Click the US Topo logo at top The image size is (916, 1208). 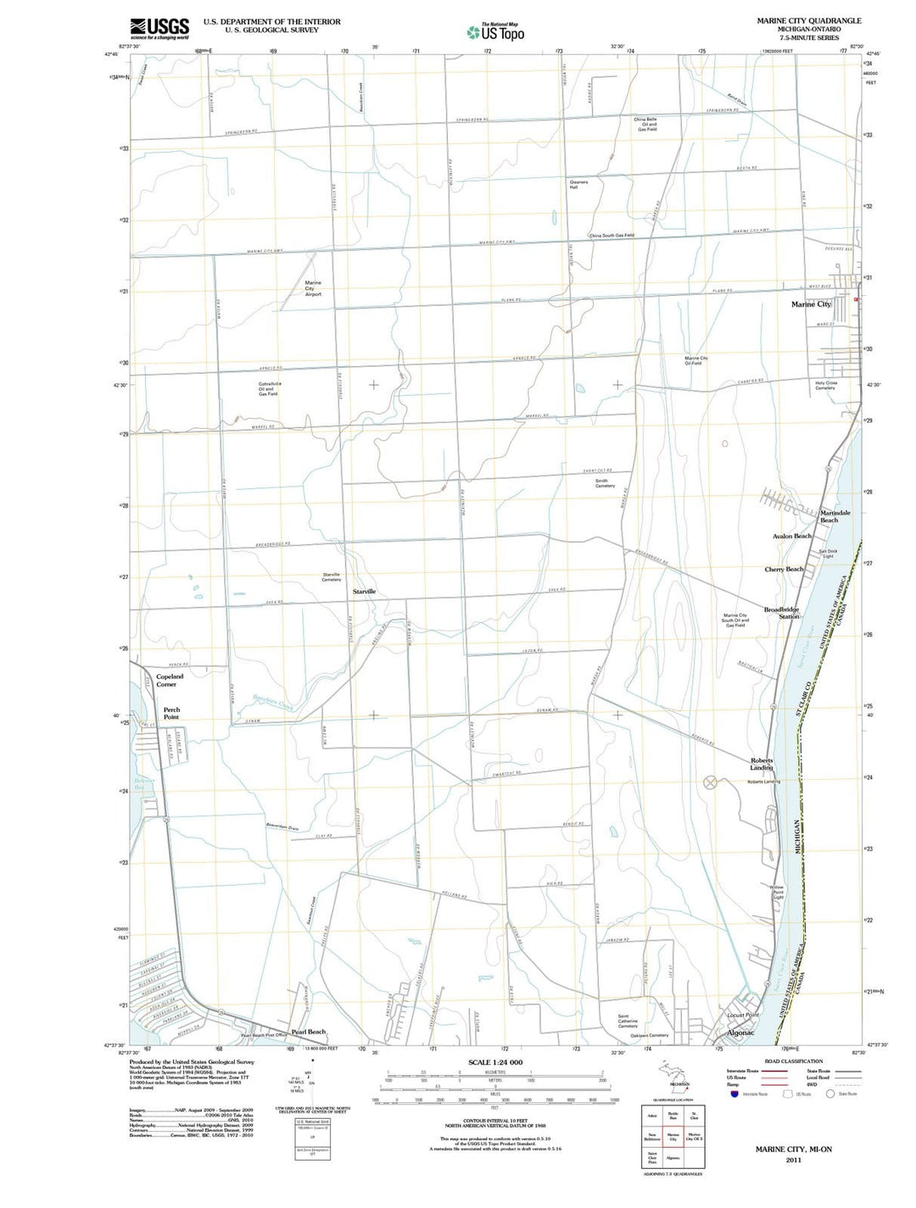tap(495, 31)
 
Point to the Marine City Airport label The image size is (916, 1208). tap(313, 288)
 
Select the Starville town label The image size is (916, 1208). tap(364, 591)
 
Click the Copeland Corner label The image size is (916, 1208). tap(169, 680)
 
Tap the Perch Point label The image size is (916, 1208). tap(171, 713)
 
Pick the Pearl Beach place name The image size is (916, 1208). tap(308, 1032)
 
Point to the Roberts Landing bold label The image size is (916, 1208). tap(762, 764)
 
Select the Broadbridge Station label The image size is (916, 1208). tap(781, 613)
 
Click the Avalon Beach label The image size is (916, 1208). tap(791, 536)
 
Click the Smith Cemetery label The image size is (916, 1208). tap(605, 483)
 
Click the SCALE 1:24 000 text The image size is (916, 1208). tap(494, 1062)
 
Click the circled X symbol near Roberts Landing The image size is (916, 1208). tap(710, 782)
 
